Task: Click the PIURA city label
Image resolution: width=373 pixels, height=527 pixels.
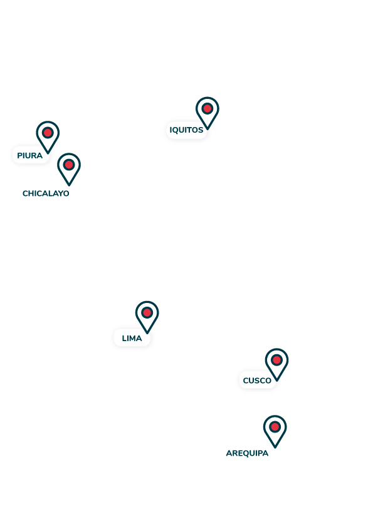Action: click(x=30, y=156)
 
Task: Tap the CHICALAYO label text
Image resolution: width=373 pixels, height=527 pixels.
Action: click(x=46, y=193)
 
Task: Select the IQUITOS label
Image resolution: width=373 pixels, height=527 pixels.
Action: click(x=186, y=130)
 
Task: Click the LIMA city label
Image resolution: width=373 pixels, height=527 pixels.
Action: click(x=132, y=339)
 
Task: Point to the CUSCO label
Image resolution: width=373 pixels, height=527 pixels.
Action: click(x=257, y=381)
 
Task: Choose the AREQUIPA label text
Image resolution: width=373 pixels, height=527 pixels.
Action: click(x=247, y=453)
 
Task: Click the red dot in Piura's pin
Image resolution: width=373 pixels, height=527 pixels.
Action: click(x=48, y=133)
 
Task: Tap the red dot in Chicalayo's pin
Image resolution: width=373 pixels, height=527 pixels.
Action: click(x=69, y=165)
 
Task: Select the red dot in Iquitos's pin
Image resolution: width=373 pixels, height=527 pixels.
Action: click(x=208, y=108)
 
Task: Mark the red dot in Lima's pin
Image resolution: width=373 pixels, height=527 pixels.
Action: click(x=147, y=312)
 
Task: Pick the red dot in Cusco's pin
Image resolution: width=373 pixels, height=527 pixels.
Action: click(x=276, y=360)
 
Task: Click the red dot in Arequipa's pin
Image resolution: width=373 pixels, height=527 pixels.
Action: click(x=275, y=427)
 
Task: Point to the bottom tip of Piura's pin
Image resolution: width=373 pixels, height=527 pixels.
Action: click(x=48, y=153)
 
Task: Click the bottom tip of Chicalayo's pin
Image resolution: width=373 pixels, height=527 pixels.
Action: click(x=69, y=185)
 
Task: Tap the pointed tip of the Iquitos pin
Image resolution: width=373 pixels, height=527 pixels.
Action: click(x=208, y=129)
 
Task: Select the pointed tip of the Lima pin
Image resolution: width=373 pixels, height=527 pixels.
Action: click(x=147, y=333)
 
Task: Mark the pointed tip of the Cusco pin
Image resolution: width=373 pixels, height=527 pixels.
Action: click(x=276, y=381)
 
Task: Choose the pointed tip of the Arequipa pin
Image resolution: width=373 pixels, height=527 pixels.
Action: click(x=275, y=448)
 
